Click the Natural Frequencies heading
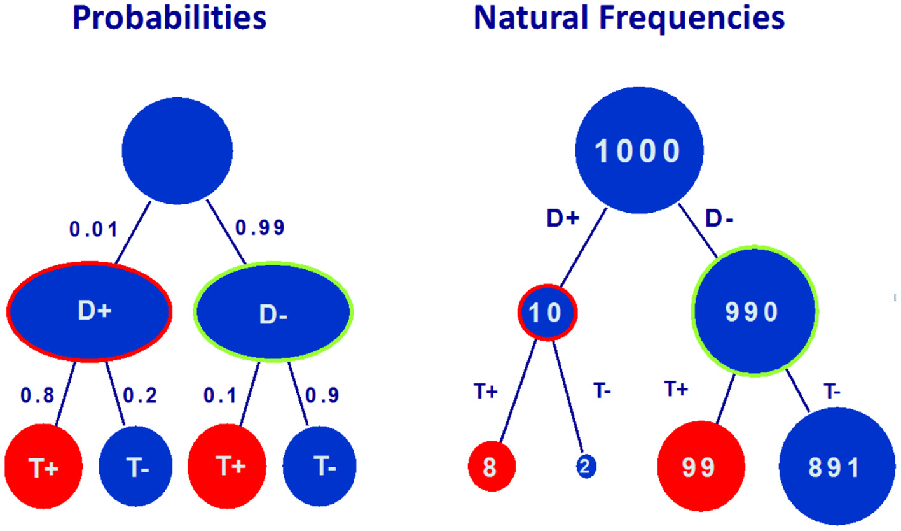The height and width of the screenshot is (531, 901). coord(629,18)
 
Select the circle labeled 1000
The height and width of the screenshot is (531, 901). coord(639,152)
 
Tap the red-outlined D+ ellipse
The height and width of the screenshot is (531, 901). coord(90,311)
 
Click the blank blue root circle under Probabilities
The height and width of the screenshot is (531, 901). coord(177,148)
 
